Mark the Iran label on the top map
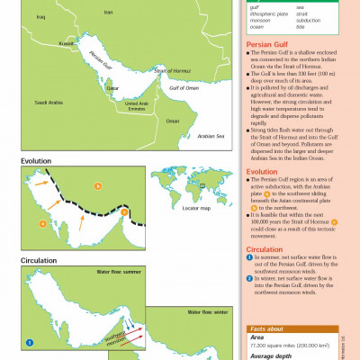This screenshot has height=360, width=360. pos(108,13)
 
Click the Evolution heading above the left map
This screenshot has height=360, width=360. pos(37,162)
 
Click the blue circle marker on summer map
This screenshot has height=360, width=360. pos(30,342)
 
